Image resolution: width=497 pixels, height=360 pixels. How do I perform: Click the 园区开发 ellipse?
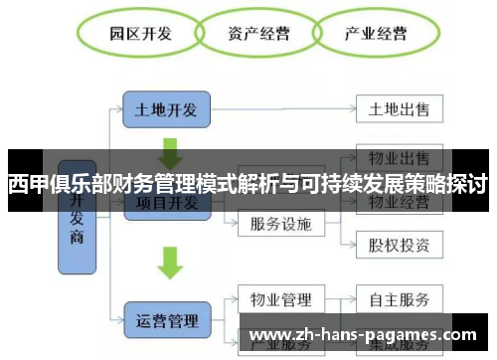pos(140,33)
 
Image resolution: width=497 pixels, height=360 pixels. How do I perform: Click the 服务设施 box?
pos(281,223)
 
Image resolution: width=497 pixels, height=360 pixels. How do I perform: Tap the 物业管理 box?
pos(281,299)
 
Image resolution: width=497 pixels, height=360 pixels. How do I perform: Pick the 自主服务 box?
pos(399,299)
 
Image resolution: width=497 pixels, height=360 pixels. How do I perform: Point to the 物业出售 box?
pos(399,158)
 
